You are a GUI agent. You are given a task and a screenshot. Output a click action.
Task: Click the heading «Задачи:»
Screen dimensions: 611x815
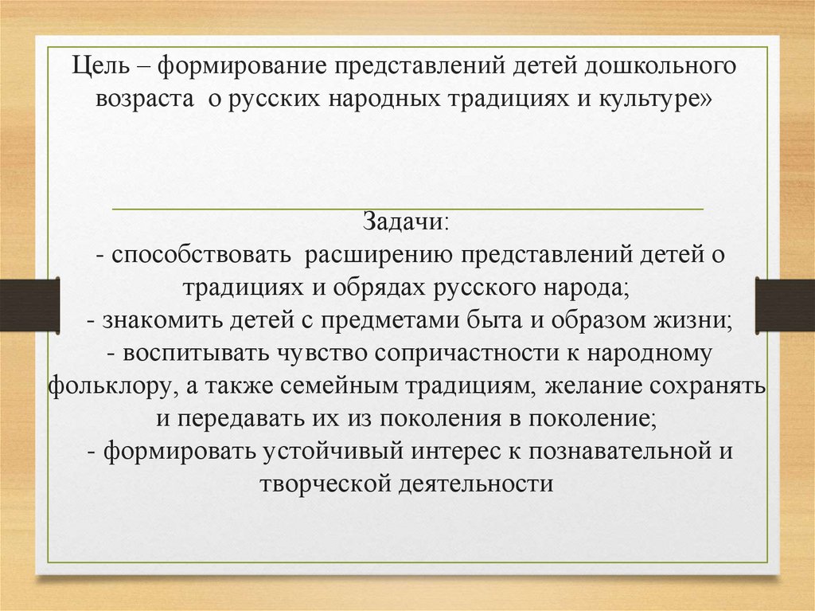[407, 221]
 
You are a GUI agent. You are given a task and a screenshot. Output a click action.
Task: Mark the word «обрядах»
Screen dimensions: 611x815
[370, 287]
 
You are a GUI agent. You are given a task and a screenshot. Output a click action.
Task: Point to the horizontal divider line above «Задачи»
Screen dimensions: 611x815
[407, 209]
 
